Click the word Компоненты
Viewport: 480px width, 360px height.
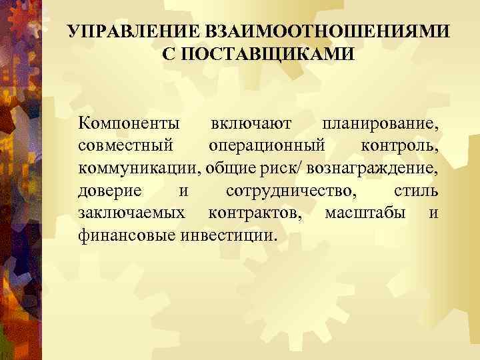(128, 124)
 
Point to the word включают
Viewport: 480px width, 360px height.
(250, 124)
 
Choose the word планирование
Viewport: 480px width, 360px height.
(380, 124)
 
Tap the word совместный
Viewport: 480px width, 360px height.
(125, 146)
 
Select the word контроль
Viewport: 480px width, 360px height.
(399, 146)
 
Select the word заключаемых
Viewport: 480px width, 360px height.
(131, 213)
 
